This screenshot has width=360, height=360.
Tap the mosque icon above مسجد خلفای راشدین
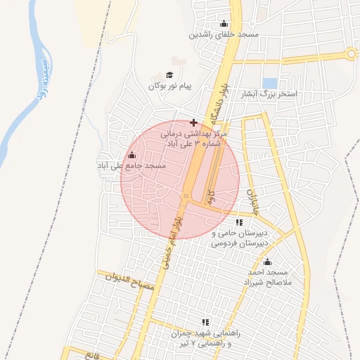click(224, 23)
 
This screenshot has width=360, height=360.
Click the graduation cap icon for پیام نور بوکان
click(169, 75)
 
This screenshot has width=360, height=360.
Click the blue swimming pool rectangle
click(269, 82)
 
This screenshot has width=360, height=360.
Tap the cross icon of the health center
click(193, 122)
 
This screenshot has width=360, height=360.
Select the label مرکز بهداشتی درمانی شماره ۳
click(191, 138)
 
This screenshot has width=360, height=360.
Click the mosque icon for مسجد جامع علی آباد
click(131, 155)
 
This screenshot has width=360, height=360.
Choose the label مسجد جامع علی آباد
click(131, 166)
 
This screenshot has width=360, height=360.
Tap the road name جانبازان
click(255, 201)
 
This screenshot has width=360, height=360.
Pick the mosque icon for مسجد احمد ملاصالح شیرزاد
click(266, 262)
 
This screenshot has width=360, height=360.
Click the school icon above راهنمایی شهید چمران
click(205, 321)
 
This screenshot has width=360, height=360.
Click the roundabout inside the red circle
click(186, 195)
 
